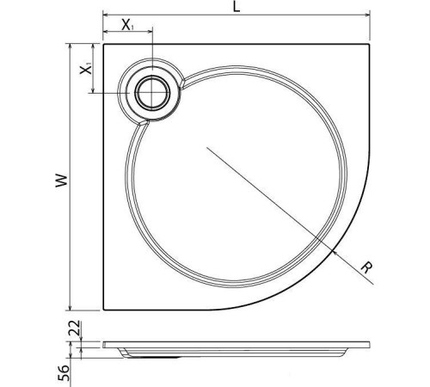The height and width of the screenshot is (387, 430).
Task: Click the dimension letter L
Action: pyautogui.click(x=236, y=7)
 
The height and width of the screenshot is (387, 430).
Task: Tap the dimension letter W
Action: pyautogui.click(x=58, y=180)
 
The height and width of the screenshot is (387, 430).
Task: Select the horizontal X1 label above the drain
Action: pyautogui.click(x=127, y=25)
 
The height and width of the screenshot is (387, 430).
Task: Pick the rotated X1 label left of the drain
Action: pyautogui.click(x=86, y=70)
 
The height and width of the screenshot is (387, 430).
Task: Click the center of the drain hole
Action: pyautogui.click(x=154, y=93)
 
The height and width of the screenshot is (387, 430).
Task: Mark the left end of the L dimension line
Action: pyautogui.click(x=102, y=16)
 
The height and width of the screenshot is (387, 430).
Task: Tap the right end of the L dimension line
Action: pyautogui.click(x=370, y=16)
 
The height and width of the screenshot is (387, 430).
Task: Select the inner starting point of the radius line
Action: pyautogui.click(x=206, y=147)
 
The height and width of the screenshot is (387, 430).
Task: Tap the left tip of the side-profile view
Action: pyautogui.click(x=102, y=344)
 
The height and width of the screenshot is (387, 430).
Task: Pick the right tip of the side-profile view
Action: pyautogui.click(x=370, y=344)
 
